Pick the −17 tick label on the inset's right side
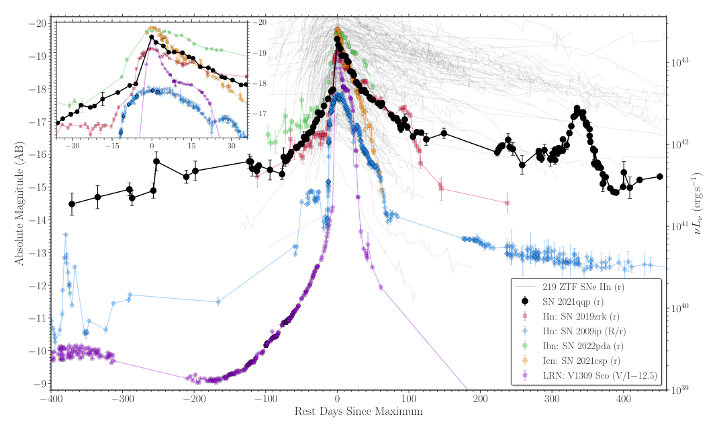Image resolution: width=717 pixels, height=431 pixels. tap(259, 113)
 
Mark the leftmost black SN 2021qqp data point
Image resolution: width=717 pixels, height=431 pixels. tap(72, 204)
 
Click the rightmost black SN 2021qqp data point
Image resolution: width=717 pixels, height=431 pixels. tap(660, 177)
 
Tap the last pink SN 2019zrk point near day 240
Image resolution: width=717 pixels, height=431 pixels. tap(507, 203)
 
